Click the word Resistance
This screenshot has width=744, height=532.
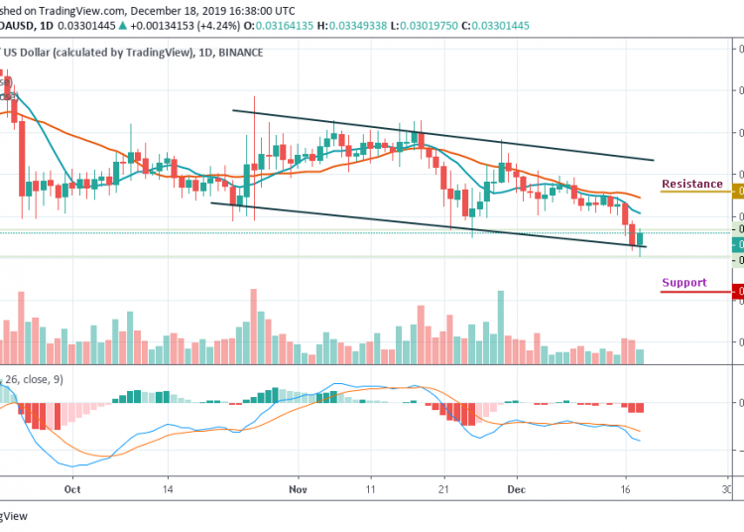click(692, 184)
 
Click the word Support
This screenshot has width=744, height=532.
click(684, 283)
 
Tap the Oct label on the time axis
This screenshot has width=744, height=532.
click(71, 489)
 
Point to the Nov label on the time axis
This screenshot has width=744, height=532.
click(299, 489)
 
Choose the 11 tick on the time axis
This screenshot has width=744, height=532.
click(370, 489)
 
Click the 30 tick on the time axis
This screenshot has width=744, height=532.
click(727, 489)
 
